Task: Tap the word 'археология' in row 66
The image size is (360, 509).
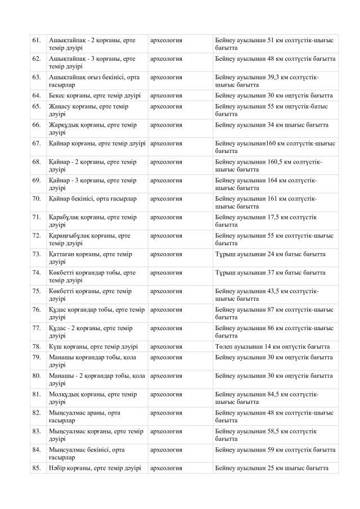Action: click(x=166, y=125)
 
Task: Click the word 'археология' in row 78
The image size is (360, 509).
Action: click(x=166, y=346)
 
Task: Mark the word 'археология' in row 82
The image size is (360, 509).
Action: click(x=166, y=413)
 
